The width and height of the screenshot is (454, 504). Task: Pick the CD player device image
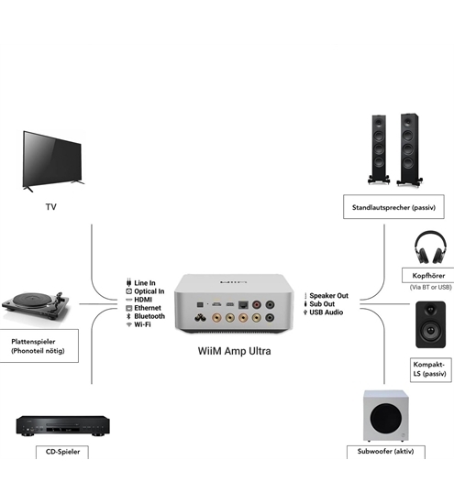click(x=63, y=424)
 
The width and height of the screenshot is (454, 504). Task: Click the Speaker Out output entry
click(x=328, y=296)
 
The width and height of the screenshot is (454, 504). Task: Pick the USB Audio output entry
click(x=327, y=312)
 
